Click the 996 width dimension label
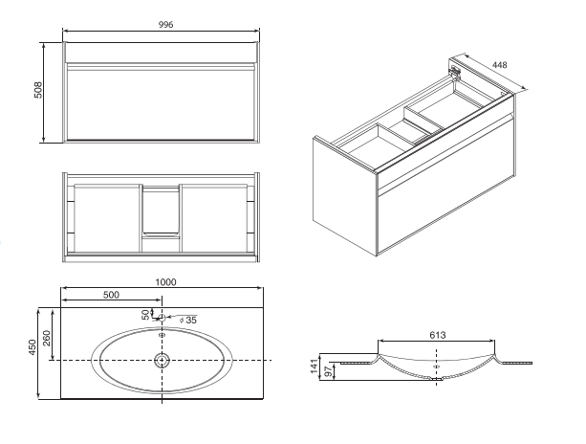[x=166, y=25]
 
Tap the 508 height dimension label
[x=38, y=90]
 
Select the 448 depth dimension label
[x=499, y=65]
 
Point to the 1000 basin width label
[x=165, y=282]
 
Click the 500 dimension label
[x=111, y=295]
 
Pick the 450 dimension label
[x=33, y=347]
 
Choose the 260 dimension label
[x=47, y=338]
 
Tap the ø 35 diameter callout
[x=188, y=321]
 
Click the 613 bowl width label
[x=437, y=335]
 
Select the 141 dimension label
[x=315, y=366]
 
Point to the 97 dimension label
[x=328, y=372]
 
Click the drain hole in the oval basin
[x=162, y=360]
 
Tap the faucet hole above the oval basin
[x=162, y=318]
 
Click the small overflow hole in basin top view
[x=162, y=335]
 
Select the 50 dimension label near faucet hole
[x=145, y=315]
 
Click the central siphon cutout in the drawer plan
[x=161, y=211]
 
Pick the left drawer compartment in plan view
[x=107, y=218]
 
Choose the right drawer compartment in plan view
[x=214, y=218]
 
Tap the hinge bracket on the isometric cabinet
[x=455, y=72]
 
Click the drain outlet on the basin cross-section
[x=436, y=379]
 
